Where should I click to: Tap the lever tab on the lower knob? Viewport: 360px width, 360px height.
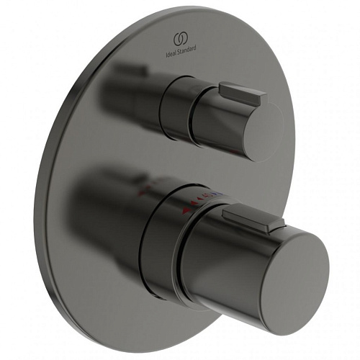coord(245,217)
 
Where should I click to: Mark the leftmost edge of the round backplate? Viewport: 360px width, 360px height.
coord(45,180)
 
